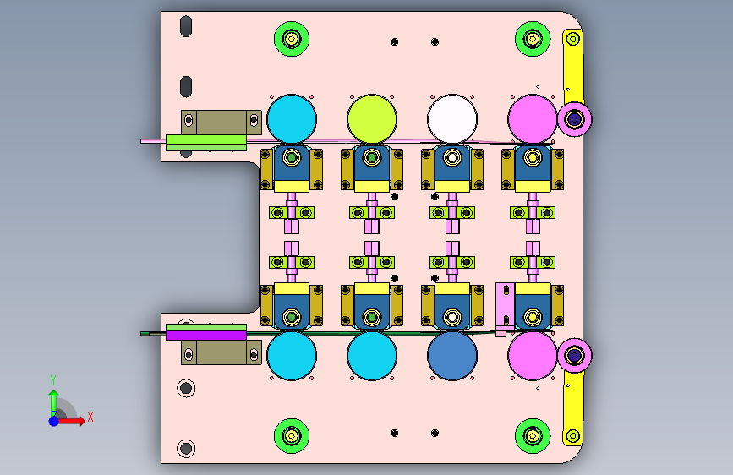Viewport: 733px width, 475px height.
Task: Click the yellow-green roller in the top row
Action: pyautogui.click(x=372, y=118)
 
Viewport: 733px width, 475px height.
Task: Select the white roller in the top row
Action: pyautogui.click(x=452, y=118)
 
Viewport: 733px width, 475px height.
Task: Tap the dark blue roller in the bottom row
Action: pyautogui.click(x=452, y=356)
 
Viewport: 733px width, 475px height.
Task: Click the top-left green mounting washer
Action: pyautogui.click(x=291, y=39)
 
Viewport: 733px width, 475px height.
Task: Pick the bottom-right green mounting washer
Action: pyautogui.click(x=533, y=436)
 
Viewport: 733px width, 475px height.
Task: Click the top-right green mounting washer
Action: pyautogui.click(x=533, y=39)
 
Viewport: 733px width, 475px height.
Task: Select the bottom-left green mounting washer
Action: pyautogui.click(x=291, y=436)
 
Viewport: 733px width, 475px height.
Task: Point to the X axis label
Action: pyautogui.click(x=90, y=417)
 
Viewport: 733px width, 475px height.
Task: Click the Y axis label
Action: pyautogui.click(x=53, y=379)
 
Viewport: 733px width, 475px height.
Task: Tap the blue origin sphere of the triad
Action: pyautogui.click(x=54, y=421)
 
